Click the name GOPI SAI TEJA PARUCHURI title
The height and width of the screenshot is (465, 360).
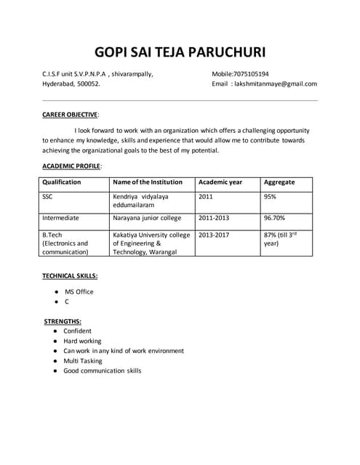click(x=180, y=52)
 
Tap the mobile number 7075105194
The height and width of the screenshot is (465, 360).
click(x=250, y=74)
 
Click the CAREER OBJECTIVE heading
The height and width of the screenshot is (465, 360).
click(x=70, y=114)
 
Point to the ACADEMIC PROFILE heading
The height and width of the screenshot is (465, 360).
click(x=71, y=166)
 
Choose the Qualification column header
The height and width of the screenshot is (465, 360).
click(x=62, y=182)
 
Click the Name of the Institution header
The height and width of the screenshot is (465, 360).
click(x=148, y=182)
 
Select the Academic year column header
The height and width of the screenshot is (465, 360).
click(x=220, y=182)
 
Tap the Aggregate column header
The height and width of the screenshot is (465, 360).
click(x=279, y=182)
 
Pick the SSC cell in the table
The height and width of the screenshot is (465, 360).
click(x=47, y=196)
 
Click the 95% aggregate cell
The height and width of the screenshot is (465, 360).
click(x=270, y=196)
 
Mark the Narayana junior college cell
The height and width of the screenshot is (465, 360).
click(x=147, y=217)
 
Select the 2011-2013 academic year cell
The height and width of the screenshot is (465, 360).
click(x=216, y=217)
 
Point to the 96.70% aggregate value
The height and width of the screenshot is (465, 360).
click(x=274, y=217)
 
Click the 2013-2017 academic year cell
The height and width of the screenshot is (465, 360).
click(x=216, y=235)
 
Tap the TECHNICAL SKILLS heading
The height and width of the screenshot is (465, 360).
click(x=70, y=276)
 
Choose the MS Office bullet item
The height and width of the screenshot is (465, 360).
click(x=79, y=291)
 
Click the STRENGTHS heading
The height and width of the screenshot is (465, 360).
click(x=63, y=320)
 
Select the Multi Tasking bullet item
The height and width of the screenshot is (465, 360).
click(x=82, y=360)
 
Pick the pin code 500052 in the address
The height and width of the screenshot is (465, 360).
click(x=89, y=84)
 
